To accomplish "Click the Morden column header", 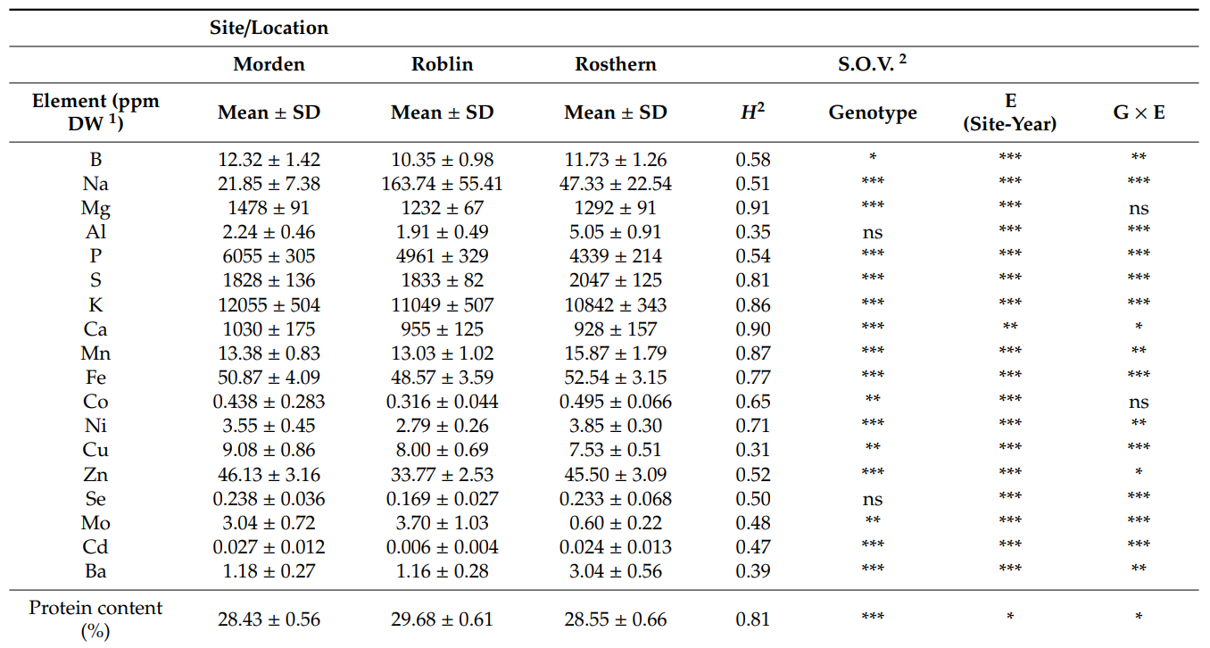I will tap(269, 64).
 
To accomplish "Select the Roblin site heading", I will tap(442, 64).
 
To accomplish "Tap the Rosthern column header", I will tap(615, 64).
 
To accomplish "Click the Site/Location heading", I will tap(269, 28).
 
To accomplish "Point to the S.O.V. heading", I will tap(872, 64).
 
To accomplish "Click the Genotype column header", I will tap(872, 112).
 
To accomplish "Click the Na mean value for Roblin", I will tap(442, 184).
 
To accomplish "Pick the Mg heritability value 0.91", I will tap(752, 208).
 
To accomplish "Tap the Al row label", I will tap(95, 232).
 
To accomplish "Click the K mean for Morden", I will tap(269, 304).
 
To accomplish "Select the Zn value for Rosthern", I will tap(615, 474).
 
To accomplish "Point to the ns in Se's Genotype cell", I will tap(872, 500).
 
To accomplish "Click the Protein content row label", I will tap(95, 619).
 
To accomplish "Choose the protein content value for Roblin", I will tap(442, 619).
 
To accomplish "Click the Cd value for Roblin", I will tap(442, 546).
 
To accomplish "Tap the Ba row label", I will tap(95, 570).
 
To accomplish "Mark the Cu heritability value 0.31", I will tap(752, 450).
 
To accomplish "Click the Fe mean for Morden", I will tap(269, 378).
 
